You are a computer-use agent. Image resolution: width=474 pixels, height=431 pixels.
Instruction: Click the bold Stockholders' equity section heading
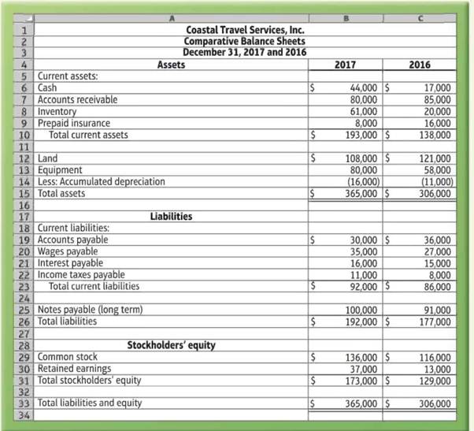tap(171, 344)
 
